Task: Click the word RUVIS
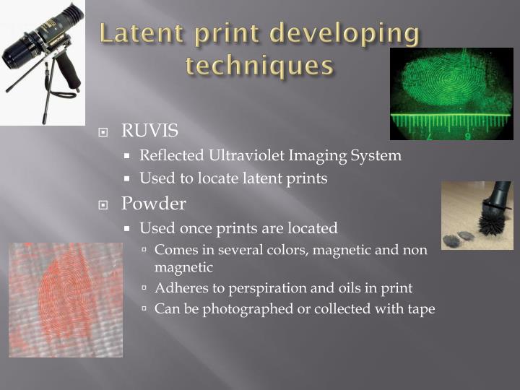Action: (x=149, y=131)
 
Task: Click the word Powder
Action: (x=153, y=204)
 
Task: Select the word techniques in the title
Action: (x=259, y=66)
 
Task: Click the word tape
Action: (x=421, y=308)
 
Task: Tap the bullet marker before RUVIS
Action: (x=104, y=132)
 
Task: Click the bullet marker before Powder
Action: (x=104, y=205)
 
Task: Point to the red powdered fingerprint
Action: (x=65, y=298)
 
